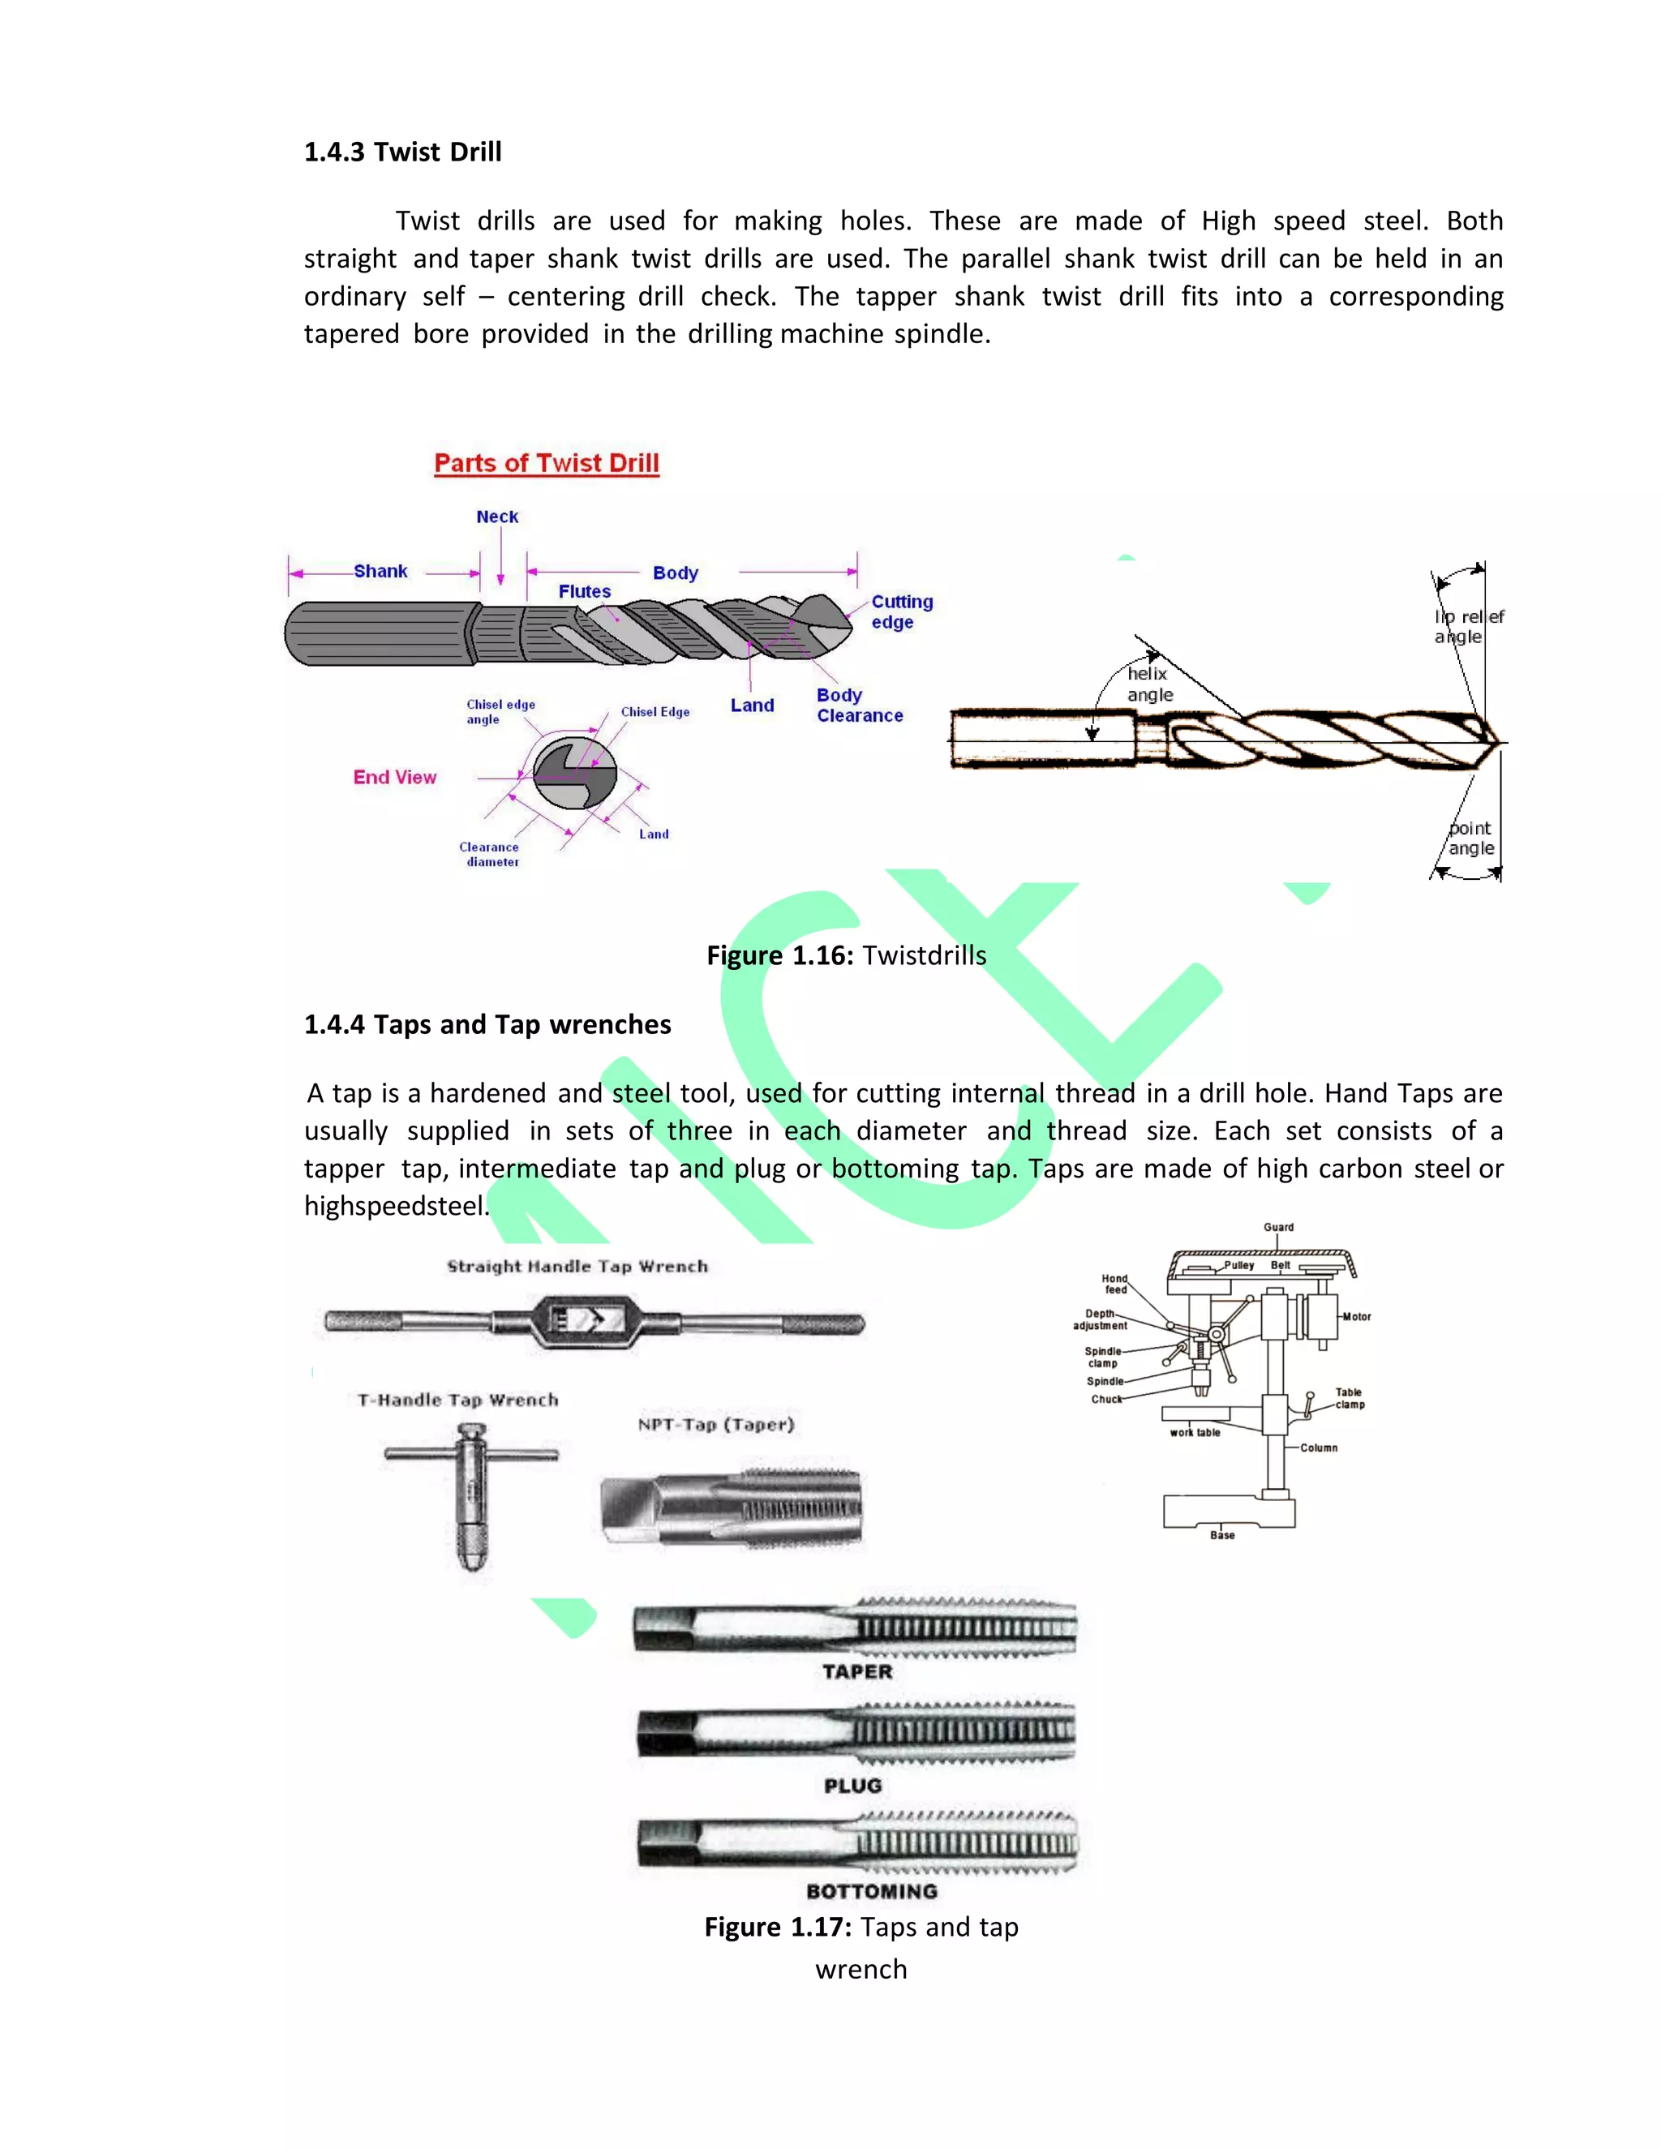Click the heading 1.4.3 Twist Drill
402,152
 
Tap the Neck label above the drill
497,517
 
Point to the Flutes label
585,591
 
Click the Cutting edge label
900,611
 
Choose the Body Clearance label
858,706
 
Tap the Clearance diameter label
490,854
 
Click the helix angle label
1149,684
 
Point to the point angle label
1470,839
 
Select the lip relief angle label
1467,627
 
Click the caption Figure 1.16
846,955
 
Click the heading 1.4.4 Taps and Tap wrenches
487,1024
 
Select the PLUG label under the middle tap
853,1786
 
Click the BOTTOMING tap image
857,1842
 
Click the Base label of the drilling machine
1222,1535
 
